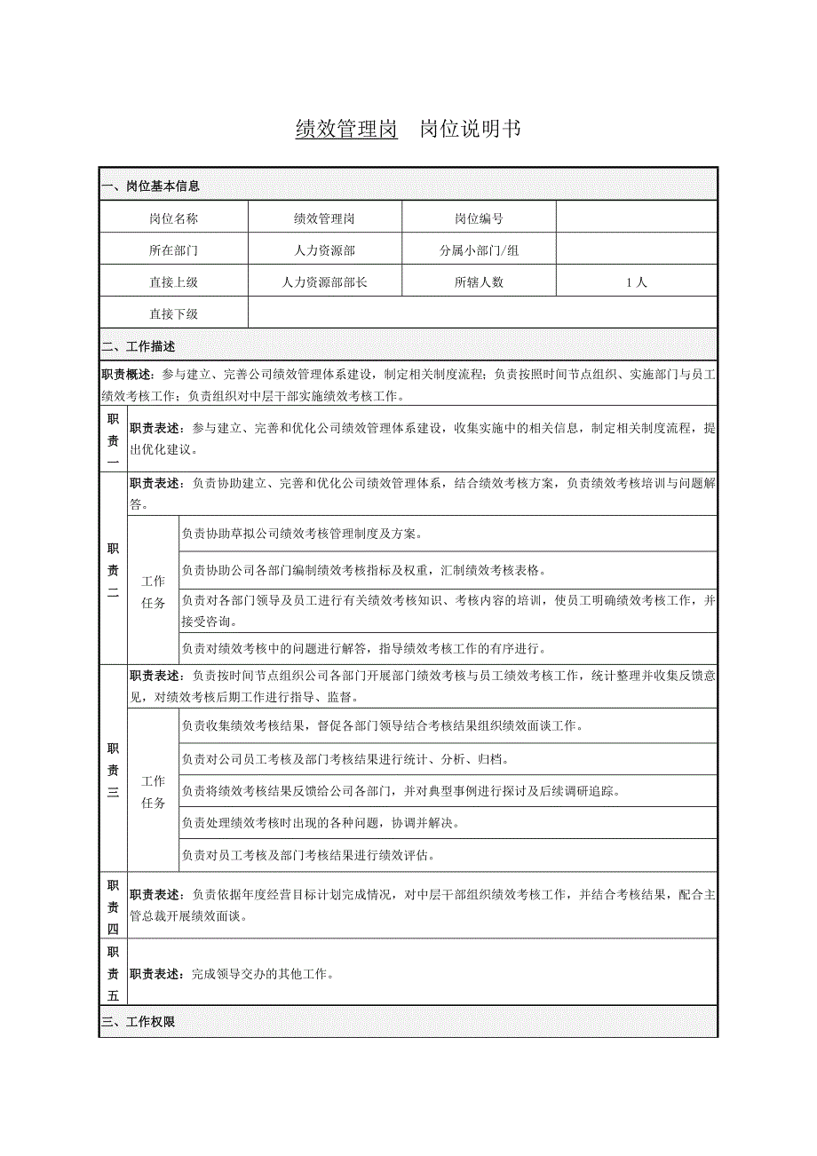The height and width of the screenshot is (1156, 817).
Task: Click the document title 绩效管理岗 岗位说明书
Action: pos(408,130)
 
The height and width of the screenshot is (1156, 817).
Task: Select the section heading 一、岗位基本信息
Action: pos(151,186)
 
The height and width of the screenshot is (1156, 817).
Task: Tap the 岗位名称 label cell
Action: pos(174,218)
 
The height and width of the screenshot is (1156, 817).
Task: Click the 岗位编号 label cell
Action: pos(479,218)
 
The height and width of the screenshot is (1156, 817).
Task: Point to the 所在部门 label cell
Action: pos(174,250)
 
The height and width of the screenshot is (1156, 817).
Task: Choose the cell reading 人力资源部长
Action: pos(324,282)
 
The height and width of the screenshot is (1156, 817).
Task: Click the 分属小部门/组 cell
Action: pos(479,250)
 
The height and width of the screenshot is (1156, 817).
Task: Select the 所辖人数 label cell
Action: pos(479,282)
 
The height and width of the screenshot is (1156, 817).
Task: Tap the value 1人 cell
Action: pos(636,282)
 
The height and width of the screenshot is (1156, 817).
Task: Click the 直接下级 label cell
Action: pos(174,313)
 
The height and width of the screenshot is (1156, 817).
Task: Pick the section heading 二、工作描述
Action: pos(139,346)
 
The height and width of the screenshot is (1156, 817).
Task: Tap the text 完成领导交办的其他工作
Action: pos(262,974)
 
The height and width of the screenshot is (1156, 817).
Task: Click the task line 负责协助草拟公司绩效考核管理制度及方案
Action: pos(302,534)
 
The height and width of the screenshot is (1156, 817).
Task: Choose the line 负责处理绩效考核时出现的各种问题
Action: pos(320,822)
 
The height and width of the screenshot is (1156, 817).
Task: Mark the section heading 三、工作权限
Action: pos(139,1022)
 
